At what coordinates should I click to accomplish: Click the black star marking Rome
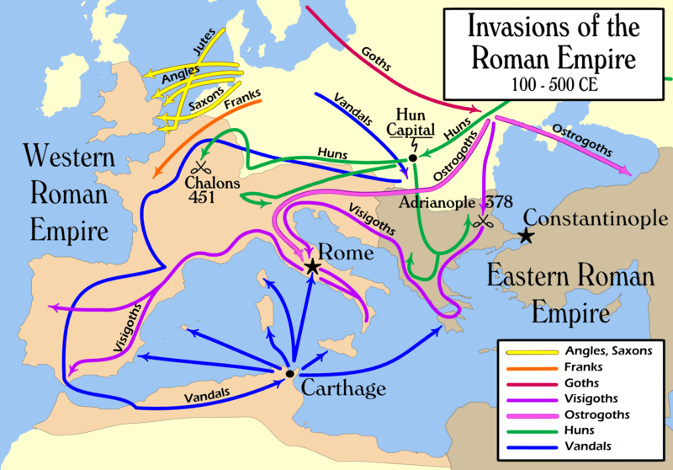(x=313, y=267)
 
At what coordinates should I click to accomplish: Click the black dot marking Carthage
(x=289, y=373)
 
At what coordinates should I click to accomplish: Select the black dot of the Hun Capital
(x=412, y=158)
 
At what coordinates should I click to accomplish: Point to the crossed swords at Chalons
(x=201, y=167)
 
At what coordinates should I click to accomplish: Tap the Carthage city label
(x=344, y=388)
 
